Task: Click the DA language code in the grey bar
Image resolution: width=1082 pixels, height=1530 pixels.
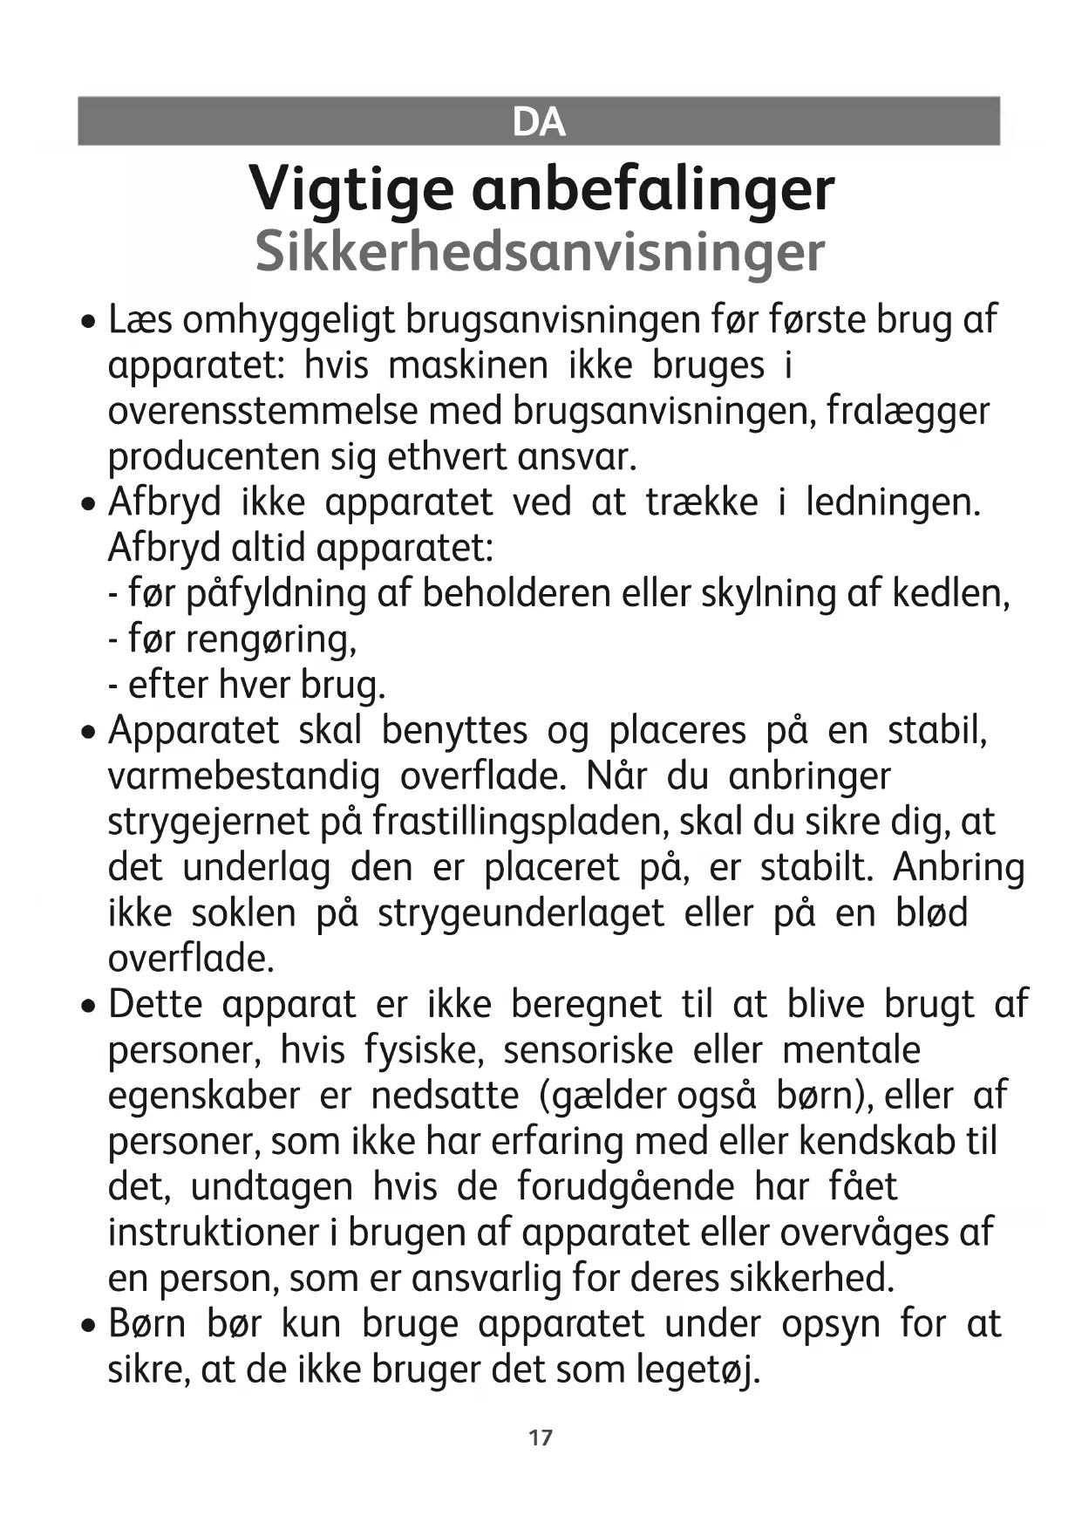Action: pyautogui.click(x=539, y=121)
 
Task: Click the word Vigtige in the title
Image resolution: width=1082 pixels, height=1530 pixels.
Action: pyautogui.click(x=351, y=189)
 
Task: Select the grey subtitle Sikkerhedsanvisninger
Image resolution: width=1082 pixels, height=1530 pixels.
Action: pyautogui.click(x=540, y=252)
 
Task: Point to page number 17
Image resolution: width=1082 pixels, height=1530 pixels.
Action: pyautogui.click(x=541, y=1438)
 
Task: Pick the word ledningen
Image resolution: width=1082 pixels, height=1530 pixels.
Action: pyautogui.click(x=893, y=502)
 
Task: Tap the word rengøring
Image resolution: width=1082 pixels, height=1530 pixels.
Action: pyautogui.click(x=242, y=639)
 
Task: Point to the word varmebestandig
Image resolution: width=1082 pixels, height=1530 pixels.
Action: pyautogui.click(x=243, y=776)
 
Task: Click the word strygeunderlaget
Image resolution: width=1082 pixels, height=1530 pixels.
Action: pyautogui.click(x=521, y=913)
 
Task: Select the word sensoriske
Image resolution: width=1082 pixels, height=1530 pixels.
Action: pyautogui.click(x=588, y=1049)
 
